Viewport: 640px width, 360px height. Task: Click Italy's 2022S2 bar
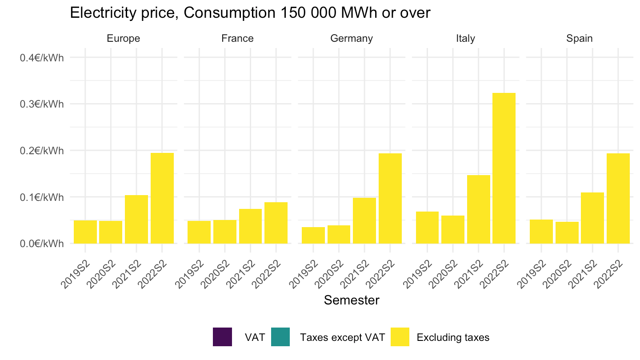click(x=504, y=168)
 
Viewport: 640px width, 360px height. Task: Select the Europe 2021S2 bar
click(x=136, y=220)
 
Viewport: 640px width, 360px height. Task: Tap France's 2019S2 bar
click(x=199, y=232)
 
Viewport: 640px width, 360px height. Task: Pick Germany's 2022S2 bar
click(x=390, y=199)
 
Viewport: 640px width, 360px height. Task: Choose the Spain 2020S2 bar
click(x=567, y=233)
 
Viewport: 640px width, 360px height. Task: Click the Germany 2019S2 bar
click(x=313, y=236)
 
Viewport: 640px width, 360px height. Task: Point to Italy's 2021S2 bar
click(x=479, y=209)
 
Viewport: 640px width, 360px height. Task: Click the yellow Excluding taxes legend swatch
click(x=400, y=337)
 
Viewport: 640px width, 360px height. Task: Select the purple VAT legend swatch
click(x=222, y=337)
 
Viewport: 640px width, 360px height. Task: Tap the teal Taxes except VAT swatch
click(x=280, y=337)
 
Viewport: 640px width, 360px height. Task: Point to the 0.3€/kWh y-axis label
click(x=42, y=104)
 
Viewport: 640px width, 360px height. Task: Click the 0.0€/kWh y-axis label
click(x=42, y=244)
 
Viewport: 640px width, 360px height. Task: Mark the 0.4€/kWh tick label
click(x=42, y=58)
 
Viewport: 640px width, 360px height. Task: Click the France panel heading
click(x=237, y=38)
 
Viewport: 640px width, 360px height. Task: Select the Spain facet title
click(x=580, y=39)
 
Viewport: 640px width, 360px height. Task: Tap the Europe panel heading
click(x=124, y=39)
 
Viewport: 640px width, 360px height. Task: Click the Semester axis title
click(x=352, y=300)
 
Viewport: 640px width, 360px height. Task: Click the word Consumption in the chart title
click(x=229, y=13)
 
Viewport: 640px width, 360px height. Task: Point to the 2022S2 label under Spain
click(x=608, y=274)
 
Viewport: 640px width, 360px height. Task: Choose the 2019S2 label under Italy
click(x=417, y=274)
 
